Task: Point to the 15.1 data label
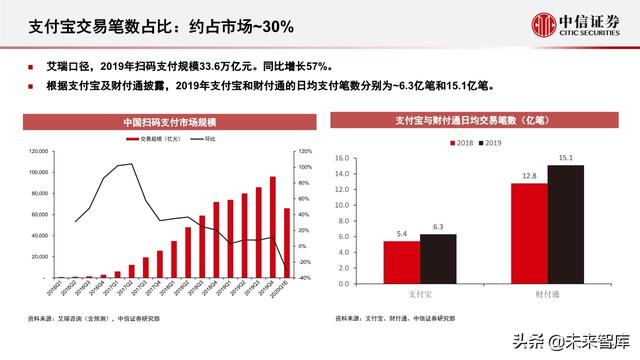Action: pos(565,157)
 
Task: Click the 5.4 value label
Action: pos(402,234)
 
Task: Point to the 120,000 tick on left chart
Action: pos(37,151)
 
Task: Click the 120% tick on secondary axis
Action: pos(303,151)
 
